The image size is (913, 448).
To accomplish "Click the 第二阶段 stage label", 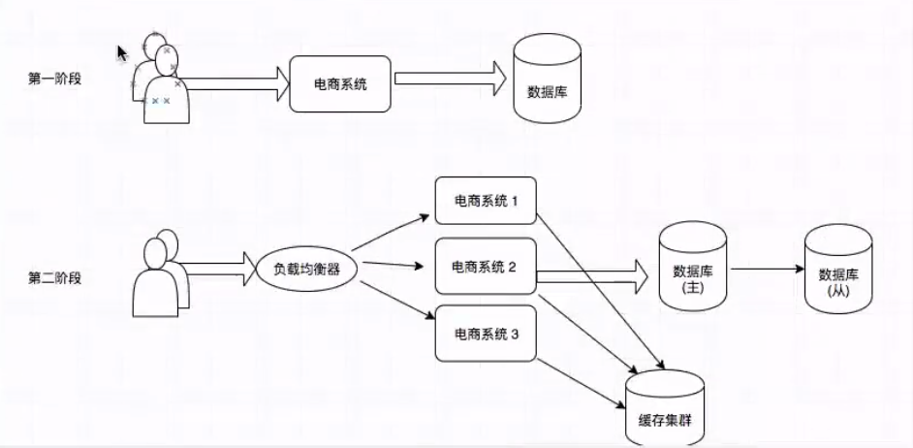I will pyautogui.click(x=54, y=278).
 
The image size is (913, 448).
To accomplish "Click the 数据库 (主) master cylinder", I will pyautogui.click(x=693, y=267).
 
